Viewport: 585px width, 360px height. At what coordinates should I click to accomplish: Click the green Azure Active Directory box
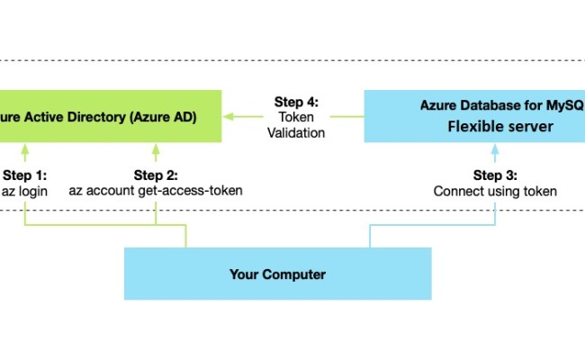pos(108,116)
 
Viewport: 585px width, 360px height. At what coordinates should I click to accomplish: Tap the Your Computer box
pos(277,274)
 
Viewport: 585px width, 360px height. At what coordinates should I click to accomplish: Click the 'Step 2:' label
pos(157,175)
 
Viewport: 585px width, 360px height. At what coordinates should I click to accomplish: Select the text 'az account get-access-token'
pos(157,191)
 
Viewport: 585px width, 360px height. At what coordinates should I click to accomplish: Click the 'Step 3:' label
pos(496,175)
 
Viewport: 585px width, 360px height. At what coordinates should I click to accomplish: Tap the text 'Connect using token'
pos(496,191)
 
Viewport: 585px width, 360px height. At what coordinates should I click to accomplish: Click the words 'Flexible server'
pos(499,127)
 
